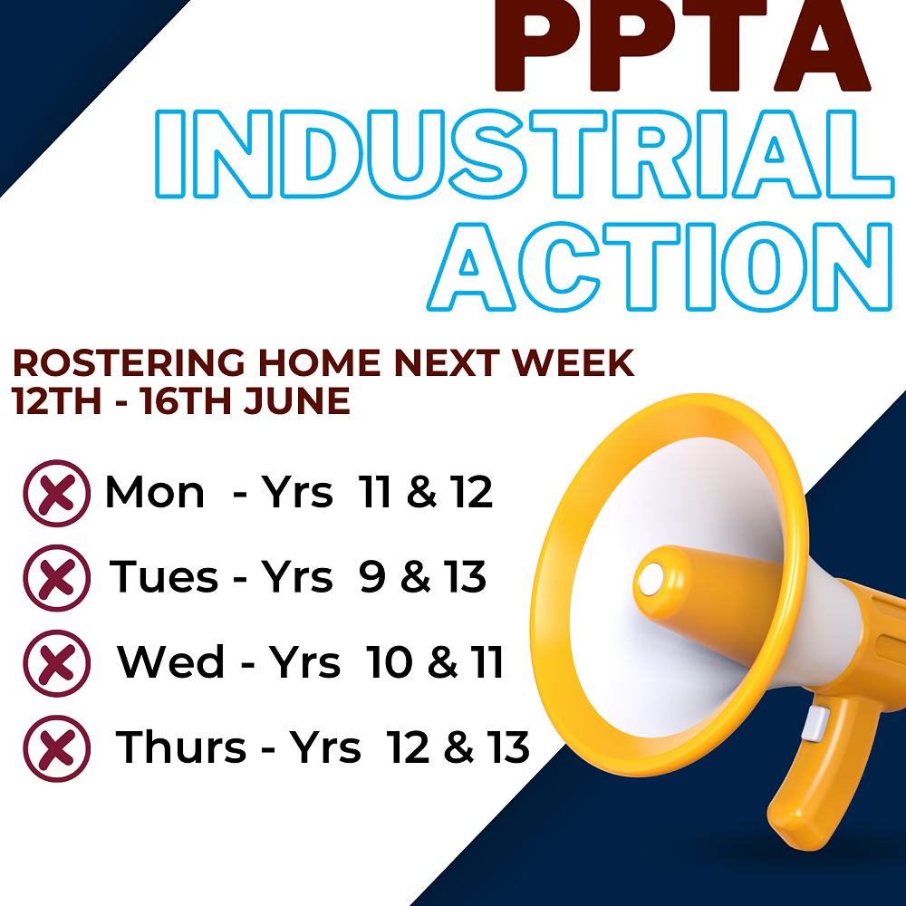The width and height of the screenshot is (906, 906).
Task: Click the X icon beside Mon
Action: tap(57, 494)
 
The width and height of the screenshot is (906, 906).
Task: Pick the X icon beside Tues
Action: tap(57, 578)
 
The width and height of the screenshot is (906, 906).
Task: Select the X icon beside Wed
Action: tap(57, 663)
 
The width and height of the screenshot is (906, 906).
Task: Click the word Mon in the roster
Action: tap(155, 494)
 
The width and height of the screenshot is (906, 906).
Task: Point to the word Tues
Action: tap(164, 577)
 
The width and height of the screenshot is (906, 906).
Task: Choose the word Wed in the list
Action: tap(171, 662)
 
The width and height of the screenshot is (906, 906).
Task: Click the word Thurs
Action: tap(181, 747)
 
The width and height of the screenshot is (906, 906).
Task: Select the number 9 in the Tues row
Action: tap(372, 578)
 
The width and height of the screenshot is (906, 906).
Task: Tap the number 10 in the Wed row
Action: tap(390, 662)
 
